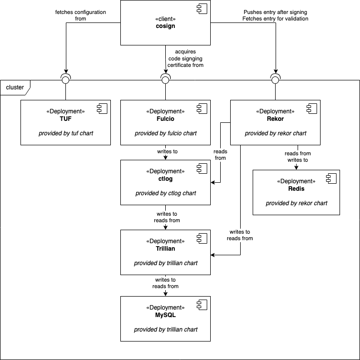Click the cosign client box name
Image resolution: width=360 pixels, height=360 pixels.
(165, 26)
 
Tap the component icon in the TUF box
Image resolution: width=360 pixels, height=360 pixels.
(102, 108)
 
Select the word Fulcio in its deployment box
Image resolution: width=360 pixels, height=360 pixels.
(165, 119)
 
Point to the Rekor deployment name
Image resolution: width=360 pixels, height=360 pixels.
(275, 119)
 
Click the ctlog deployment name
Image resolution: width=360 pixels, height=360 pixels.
(165, 179)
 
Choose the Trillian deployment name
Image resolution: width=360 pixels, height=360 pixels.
(165, 249)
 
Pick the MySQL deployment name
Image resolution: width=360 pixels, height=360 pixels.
(165, 315)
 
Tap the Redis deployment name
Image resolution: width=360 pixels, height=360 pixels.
(296, 189)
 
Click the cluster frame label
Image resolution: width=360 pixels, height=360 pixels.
(15, 87)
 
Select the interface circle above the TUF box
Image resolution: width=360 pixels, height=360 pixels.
(66, 80)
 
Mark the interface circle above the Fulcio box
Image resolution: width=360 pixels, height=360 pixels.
(165, 80)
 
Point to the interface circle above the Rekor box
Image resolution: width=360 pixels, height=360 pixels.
(275, 80)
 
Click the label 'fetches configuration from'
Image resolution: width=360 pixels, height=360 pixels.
(80, 15)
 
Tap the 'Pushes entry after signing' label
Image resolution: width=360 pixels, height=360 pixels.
(275, 12)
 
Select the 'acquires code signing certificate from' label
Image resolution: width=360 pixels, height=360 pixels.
(185, 58)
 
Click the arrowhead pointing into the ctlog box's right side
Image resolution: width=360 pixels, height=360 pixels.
(213, 183)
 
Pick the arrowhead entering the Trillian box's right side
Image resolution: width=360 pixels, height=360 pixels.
(213, 255)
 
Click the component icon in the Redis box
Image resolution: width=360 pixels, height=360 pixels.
(332, 179)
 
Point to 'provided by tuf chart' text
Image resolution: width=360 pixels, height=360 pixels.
(66, 133)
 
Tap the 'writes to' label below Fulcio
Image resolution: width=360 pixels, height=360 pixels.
(167, 151)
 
